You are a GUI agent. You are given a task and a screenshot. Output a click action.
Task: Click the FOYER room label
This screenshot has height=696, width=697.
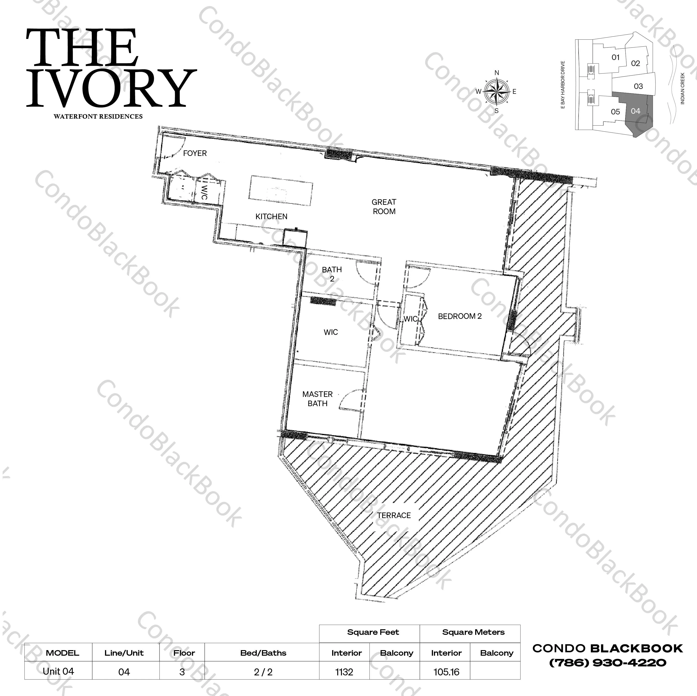(195, 153)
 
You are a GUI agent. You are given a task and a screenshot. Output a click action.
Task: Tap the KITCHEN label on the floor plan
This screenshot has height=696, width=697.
(271, 216)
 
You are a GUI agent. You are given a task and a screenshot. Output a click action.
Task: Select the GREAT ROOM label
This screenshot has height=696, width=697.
(384, 207)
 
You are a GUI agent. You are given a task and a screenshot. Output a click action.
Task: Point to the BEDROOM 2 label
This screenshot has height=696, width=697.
(460, 316)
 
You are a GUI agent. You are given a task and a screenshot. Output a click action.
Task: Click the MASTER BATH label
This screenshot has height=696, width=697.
(318, 399)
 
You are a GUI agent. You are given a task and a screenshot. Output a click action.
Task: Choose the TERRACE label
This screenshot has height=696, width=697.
(394, 515)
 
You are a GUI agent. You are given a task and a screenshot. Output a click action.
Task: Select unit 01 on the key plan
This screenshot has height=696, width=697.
(615, 57)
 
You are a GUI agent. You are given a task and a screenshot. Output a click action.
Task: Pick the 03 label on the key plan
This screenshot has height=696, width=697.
(638, 86)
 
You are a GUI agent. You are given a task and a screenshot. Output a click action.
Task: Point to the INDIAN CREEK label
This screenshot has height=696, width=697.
(682, 89)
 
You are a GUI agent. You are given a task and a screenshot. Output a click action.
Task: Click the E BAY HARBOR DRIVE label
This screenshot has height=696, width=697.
(563, 85)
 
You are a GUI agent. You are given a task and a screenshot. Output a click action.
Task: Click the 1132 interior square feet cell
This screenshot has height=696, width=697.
(344, 672)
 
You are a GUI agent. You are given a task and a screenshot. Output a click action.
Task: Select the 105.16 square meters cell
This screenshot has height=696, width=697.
(446, 672)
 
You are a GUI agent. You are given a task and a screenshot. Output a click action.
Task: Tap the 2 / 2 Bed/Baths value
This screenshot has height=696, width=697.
(263, 672)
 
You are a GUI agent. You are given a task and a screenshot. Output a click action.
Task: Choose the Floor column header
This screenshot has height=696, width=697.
(184, 653)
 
